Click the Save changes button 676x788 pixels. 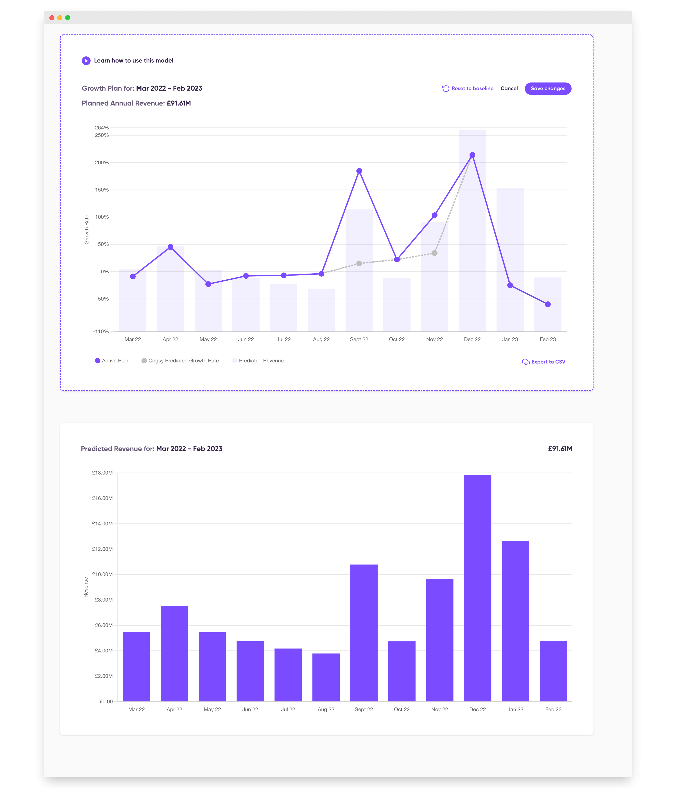tap(548, 89)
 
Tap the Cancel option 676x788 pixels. tap(509, 89)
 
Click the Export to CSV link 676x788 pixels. tap(544, 362)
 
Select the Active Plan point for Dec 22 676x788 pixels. tap(472, 155)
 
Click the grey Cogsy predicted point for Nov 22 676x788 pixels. tap(434, 253)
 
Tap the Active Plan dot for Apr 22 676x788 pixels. tap(170, 247)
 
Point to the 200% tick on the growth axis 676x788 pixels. tap(102, 163)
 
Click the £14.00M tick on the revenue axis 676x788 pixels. tap(102, 524)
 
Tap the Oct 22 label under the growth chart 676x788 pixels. tap(397, 339)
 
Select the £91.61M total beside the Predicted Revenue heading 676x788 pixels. tap(560, 449)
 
